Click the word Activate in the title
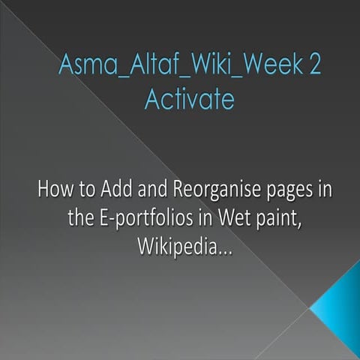tap(189, 99)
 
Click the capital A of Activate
tap(152, 99)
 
